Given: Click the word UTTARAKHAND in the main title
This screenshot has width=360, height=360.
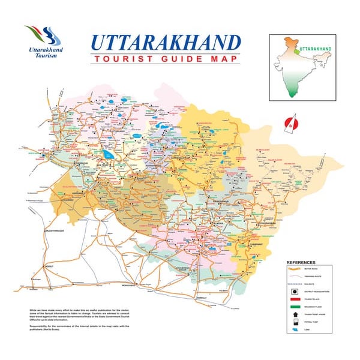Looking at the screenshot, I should coord(166,43).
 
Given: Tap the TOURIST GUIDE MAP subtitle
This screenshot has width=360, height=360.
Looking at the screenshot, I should coord(166,59).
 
